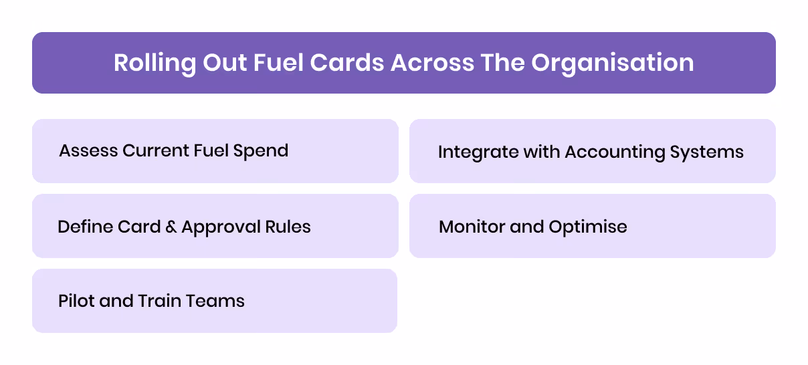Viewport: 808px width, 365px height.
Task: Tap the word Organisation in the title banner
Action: tap(613, 63)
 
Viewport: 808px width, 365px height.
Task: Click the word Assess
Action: tap(88, 150)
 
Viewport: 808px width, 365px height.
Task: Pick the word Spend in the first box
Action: tap(261, 150)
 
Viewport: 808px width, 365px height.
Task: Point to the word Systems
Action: tap(708, 152)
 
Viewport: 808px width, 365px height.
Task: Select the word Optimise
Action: tap(588, 227)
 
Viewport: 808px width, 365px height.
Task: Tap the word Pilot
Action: tap(76, 301)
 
